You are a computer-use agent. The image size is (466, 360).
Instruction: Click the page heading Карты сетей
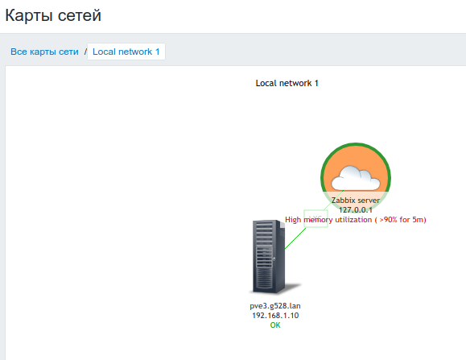pyautogui.click(x=53, y=15)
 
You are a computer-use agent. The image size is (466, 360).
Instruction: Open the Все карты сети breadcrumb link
pyautogui.click(x=44, y=52)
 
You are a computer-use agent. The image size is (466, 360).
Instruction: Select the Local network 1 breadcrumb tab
pyautogui.click(x=126, y=52)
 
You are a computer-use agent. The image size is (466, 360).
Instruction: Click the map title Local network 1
pyautogui.click(x=287, y=83)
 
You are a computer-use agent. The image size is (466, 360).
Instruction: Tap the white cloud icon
pyautogui.click(x=356, y=178)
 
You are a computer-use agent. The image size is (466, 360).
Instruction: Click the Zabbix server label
pyautogui.click(x=356, y=201)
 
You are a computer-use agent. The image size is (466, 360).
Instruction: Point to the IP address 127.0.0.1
pyautogui.click(x=356, y=210)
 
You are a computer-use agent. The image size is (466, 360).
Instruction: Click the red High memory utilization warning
pyautogui.click(x=356, y=220)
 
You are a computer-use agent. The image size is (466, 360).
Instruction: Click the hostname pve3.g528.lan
pyautogui.click(x=275, y=306)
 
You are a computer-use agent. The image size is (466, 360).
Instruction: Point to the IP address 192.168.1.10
pyautogui.click(x=275, y=316)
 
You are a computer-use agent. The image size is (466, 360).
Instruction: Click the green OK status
pyautogui.click(x=275, y=325)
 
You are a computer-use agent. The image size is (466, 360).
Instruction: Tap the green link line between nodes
pyautogui.click(x=314, y=219)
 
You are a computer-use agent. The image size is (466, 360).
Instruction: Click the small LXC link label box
pyautogui.click(x=315, y=218)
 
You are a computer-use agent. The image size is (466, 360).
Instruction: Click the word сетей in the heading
pyautogui.click(x=80, y=15)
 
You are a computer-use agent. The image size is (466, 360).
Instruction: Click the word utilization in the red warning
pyautogui.click(x=353, y=220)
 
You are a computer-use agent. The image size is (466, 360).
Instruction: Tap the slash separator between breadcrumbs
pyautogui.click(x=85, y=52)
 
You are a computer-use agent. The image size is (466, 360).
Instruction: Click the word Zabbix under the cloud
pyautogui.click(x=342, y=201)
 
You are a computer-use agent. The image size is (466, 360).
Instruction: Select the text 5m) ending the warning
pyautogui.click(x=419, y=220)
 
